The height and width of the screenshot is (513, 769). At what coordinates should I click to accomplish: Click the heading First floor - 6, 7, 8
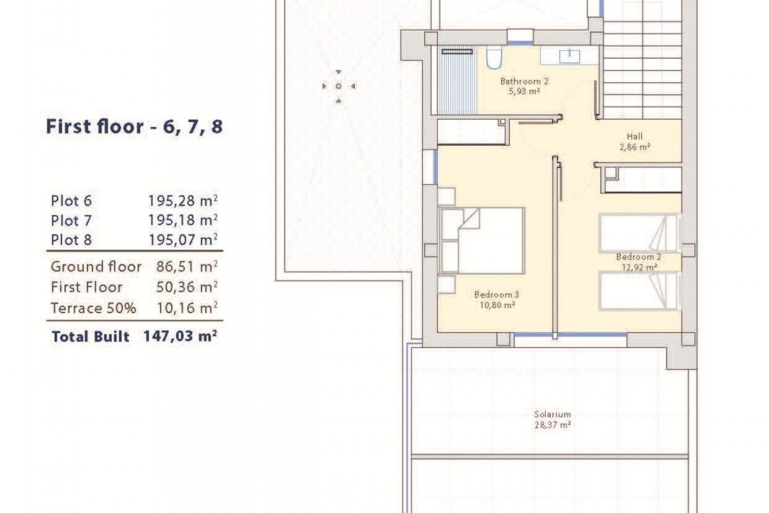click(x=134, y=127)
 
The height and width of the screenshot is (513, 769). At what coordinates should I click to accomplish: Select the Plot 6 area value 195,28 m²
click(x=183, y=201)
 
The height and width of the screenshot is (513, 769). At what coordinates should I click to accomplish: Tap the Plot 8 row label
click(x=71, y=240)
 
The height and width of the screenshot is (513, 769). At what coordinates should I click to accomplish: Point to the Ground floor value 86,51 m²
click(x=187, y=267)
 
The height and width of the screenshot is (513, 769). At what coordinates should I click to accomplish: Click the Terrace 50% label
click(x=93, y=308)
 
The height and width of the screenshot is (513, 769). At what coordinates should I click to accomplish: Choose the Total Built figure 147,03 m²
click(x=180, y=336)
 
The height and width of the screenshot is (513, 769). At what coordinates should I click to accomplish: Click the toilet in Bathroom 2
click(x=494, y=58)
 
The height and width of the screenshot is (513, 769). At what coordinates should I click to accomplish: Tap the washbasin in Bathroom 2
click(x=569, y=56)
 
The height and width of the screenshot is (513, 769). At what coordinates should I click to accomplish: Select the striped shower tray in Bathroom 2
click(x=457, y=82)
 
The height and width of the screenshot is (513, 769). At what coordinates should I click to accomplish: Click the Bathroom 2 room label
click(x=524, y=82)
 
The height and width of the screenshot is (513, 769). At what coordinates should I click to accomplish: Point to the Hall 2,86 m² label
click(x=634, y=141)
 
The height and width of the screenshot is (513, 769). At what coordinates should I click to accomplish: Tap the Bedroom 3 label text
click(x=496, y=295)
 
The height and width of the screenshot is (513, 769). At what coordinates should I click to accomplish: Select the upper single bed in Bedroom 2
click(x=637, y=233)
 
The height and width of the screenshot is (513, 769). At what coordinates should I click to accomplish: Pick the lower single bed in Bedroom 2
click(x=637, y=291)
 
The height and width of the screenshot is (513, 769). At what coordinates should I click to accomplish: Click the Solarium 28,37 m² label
click(x=552, y=420)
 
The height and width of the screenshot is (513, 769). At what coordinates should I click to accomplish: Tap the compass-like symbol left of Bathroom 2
click(x=338, y=86)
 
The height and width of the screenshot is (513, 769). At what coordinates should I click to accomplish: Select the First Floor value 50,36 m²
click(x=187, y=287)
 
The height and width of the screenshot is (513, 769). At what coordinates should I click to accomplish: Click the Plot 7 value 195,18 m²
click(x=183, y=220)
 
